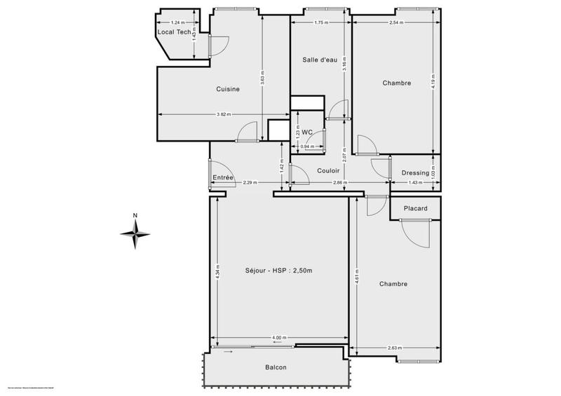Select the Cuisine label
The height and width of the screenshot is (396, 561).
pyautogui.click(x=228, y=89)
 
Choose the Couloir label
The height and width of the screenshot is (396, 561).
pyautogui.click(x=328, y=170)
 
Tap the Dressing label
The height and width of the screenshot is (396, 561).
pyautogui.click(x=415, y=173)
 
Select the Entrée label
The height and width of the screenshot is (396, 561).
pyautogui.click(x=223, y=177)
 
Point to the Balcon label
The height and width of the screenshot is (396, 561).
pyautogui.click(x=276, y=367)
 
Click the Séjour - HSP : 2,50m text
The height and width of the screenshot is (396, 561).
pyautogui.click(x=278, y=271)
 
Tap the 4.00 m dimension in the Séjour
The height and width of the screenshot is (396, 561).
pyautogui.click(x=280, y=338)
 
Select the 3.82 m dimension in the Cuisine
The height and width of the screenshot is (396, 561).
pyautogui.click(x=224, y=114)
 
